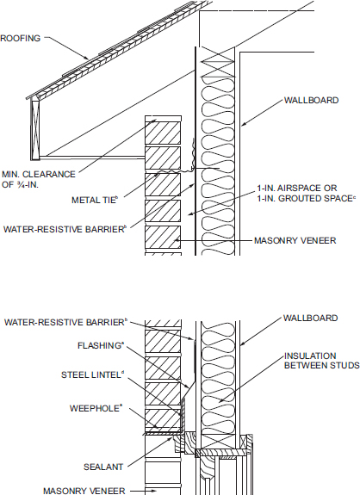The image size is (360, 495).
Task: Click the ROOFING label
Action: coord(21,38)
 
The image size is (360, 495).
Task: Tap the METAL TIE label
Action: coord(95,200)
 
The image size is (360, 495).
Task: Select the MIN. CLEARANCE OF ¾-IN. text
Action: coord(39,179)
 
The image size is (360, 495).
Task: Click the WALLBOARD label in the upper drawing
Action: coord(311,100)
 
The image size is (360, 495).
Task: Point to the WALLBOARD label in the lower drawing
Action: coord(310,318)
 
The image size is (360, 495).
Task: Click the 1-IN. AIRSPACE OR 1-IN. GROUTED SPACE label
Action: coord(307,193)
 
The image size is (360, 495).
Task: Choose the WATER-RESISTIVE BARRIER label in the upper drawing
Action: coord(65,229)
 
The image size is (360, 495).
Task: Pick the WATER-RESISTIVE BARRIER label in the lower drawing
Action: coord(65,322)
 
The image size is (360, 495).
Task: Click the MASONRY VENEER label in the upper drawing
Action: coord(295,240)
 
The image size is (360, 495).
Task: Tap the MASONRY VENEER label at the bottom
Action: coord(84,491)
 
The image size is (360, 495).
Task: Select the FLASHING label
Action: coord(100,346)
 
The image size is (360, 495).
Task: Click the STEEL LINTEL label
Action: coord(92,374)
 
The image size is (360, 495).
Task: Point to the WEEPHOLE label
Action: coord(96,408)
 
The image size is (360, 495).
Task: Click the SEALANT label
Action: coord(103,467)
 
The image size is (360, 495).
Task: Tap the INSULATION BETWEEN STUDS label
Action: coord(321,361)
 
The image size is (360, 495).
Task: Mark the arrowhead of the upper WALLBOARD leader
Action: coord(244,124)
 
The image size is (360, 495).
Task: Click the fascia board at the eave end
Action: coord(35,128)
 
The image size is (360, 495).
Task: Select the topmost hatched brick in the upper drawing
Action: coord(163,133)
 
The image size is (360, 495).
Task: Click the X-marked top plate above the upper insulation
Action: coord(218,62)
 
